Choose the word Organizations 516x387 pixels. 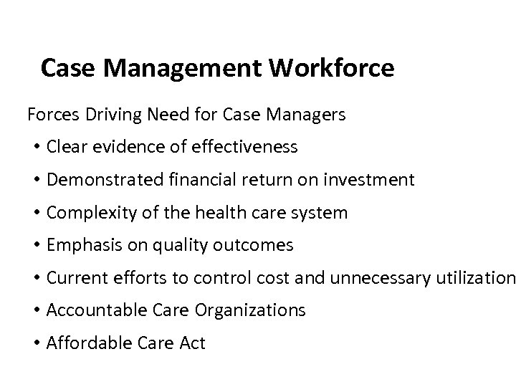[x=252, y=311]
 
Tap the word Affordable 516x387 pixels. [x=84, y=343]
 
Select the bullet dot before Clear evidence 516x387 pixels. [x=35, y=148]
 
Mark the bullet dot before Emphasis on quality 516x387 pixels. [x=35, y=246]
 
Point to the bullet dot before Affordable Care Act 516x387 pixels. [x=35, y=344]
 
